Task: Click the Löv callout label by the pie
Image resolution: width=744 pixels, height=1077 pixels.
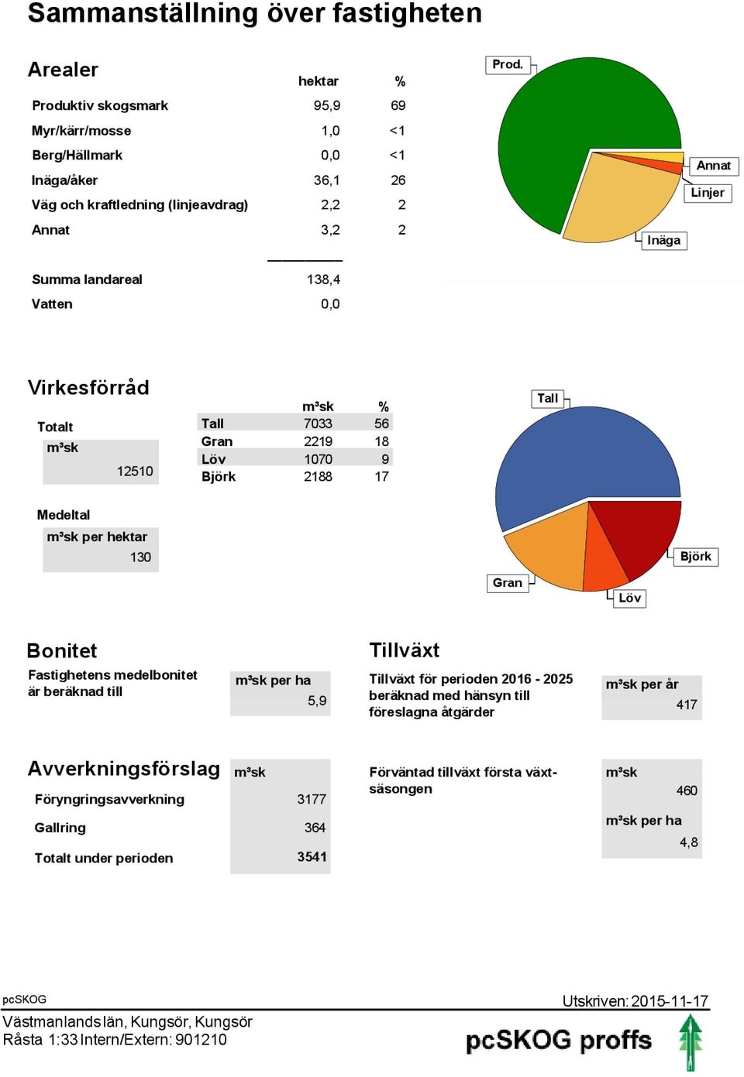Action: coord(629,599)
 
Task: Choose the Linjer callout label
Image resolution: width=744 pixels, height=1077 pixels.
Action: coord(708,193)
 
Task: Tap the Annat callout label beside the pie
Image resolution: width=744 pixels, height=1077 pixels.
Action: coord(713,166)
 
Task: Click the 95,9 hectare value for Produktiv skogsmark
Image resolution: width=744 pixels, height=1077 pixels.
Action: coord(327,105)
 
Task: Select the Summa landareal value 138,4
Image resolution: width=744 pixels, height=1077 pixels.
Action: coord(323,280)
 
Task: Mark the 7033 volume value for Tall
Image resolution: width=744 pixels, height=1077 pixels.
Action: coord(318,423)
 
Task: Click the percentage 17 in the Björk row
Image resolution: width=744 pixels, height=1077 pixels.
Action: coord(381,476)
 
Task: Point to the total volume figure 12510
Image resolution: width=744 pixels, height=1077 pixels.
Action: coord(135,471)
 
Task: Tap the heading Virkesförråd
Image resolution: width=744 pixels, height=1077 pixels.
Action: coord(88,388)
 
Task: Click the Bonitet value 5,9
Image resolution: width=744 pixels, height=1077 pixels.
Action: coord(317,701)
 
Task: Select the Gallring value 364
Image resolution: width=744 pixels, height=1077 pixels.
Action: coord(315,828)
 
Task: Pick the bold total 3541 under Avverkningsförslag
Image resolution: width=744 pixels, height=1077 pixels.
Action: coord(312,857)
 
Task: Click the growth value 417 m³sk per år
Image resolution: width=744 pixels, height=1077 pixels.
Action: coord(687,705)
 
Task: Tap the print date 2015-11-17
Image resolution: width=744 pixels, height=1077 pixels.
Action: coord(670,1001)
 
